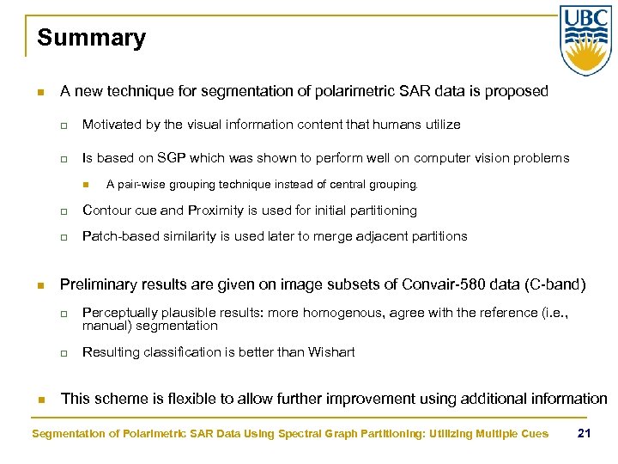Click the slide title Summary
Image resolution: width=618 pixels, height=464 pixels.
coord(91,39)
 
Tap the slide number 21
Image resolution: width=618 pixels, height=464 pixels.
coord(584,432)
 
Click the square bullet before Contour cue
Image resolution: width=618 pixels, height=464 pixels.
coord(64,211)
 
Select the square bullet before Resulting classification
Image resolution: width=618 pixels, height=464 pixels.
coord(64,352)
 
